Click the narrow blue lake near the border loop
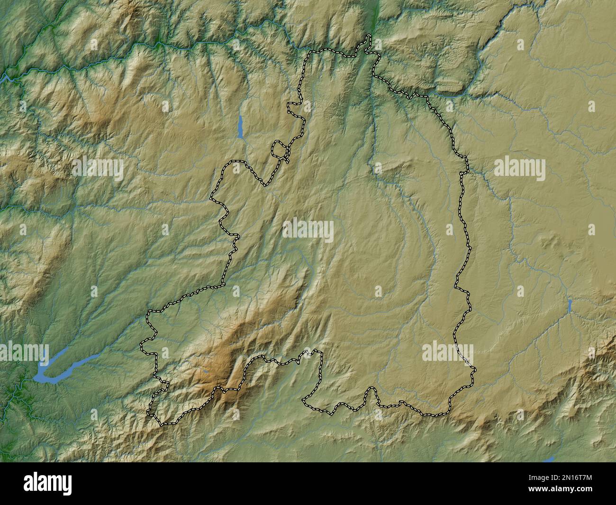(x=241, y=127)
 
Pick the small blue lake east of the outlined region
(x=569, y=305)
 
